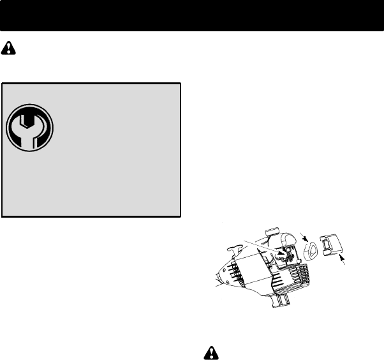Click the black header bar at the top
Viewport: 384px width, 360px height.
pyautogui.click(x=191, y=15)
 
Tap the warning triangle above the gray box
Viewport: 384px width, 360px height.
pyautogui.click(x=9, y=48)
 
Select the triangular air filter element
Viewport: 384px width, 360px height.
pyautogui.click(x=311, y=250)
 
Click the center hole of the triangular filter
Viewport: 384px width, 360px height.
pyautogui.click(x=311, y=250)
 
